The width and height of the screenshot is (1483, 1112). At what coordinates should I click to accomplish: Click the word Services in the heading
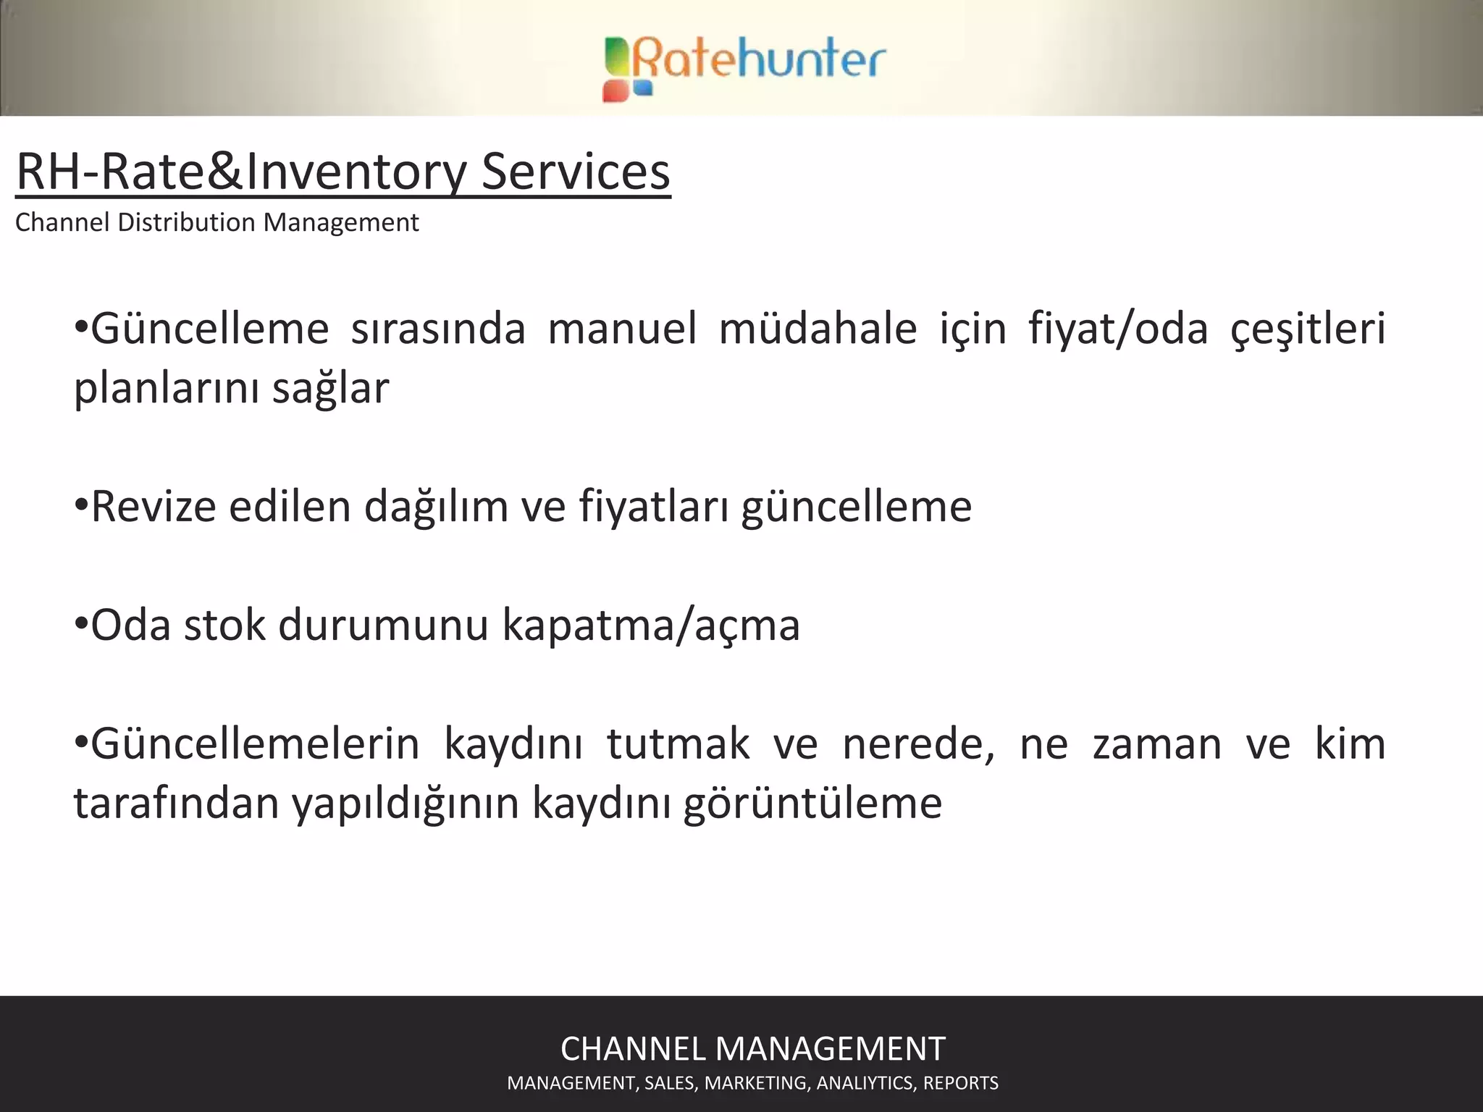click(x=576, y=172)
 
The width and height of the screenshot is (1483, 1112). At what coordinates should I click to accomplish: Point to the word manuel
click(x=622, y=328)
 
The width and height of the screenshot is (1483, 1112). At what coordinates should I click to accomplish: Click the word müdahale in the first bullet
click(x=818, y=328)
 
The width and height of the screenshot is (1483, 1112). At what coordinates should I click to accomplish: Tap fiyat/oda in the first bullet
click(x=1118, y=328)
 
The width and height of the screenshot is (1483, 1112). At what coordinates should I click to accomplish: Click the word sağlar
click(x=330, y=389)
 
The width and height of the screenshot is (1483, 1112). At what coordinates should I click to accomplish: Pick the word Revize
click(x=154, y=506)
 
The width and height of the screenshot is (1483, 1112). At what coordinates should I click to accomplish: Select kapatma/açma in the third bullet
click(x=650, y=625)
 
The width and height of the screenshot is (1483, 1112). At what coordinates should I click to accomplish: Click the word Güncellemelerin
click(x=255, y=744)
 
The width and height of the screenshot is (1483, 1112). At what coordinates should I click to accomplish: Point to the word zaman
click(x=1156, y=744)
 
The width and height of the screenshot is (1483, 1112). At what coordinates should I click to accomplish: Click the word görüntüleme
click(x=812, y=803)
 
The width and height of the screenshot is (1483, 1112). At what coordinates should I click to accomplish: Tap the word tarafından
click(x=176, y=803)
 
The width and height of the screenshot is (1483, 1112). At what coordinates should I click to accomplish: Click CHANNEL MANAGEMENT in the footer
click(x=752, y=1048)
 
